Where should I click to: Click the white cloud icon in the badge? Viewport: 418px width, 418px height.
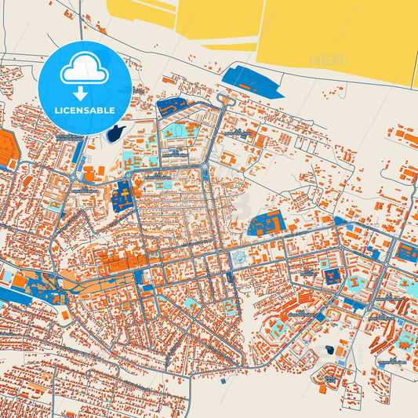(84, 71)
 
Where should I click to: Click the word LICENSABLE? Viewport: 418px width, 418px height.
(84, 110)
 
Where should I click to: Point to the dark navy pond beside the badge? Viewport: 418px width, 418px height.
(117, 133)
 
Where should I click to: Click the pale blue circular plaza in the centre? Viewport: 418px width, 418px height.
(236, 258)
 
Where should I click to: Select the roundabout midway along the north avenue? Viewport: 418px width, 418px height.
(206, 169)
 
